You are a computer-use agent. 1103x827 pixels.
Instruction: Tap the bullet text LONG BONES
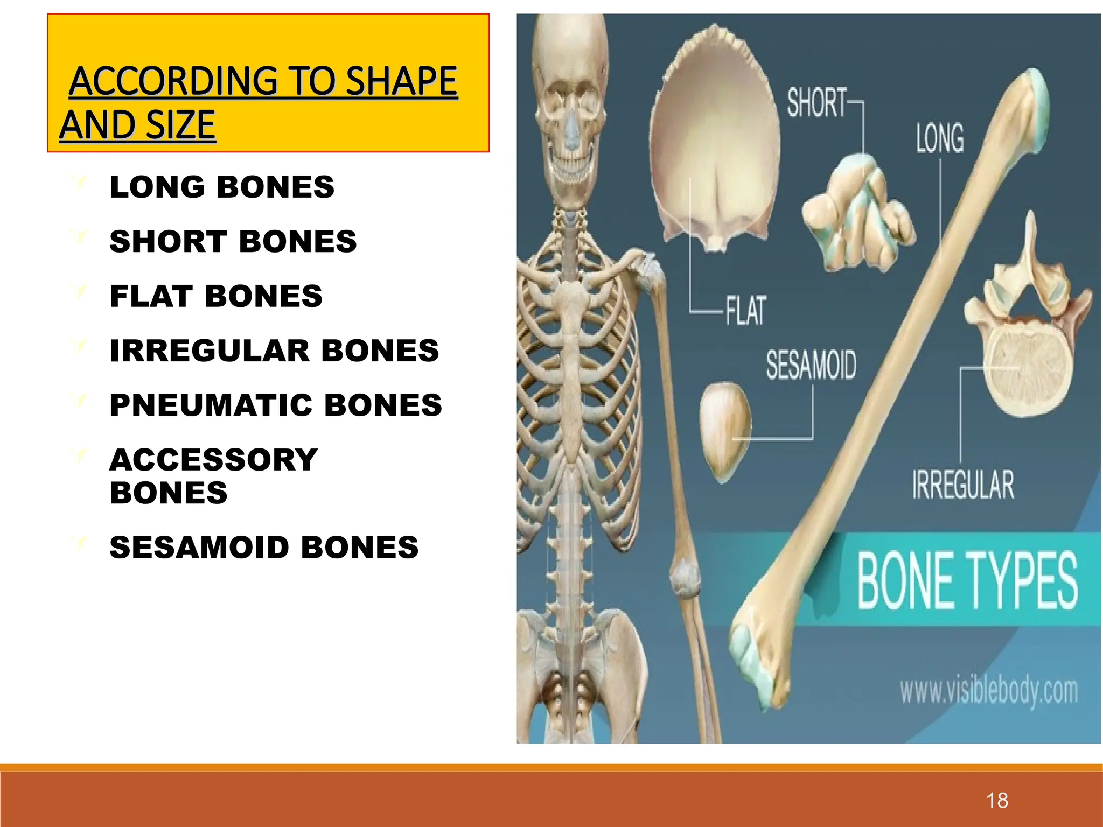(x=221, y=187)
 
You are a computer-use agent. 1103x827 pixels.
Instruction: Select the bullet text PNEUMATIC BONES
(x=275, y=405)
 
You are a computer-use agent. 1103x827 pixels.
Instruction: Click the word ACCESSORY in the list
(x=213, y=460)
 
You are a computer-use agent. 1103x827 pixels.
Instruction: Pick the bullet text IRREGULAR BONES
(x=274, y=351)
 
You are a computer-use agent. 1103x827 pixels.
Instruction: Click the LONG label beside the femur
(x=940, y=138)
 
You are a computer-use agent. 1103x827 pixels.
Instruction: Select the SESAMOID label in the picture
(x=811, y=365)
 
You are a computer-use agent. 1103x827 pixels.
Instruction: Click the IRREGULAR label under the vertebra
(x=963, y=485)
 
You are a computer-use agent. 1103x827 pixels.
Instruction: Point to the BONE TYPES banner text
(x=967, y=581)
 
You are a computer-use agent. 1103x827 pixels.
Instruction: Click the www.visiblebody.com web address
(x=989, y=691)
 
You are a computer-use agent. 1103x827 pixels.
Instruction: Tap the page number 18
(x=997, y=800)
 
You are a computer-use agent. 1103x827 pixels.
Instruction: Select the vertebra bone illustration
(x=1026, y=334)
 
